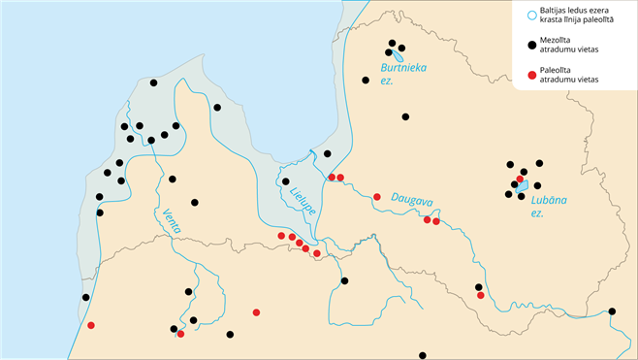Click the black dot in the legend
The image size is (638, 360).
click(x=530, y=45)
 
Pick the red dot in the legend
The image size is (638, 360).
click(x=530, y=75)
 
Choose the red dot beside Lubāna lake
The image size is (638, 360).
click(x=520, y=180)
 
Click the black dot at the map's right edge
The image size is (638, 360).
click(x=612, y=311)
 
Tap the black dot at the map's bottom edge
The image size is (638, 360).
click(x=422, y=356)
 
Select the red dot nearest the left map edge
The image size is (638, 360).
click(x=91, y=325)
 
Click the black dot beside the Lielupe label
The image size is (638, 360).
click(x=285, y=181)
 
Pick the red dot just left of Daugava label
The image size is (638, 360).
click(x=377, y=197)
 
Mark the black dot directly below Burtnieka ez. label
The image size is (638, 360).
click(x=405, y=117)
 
